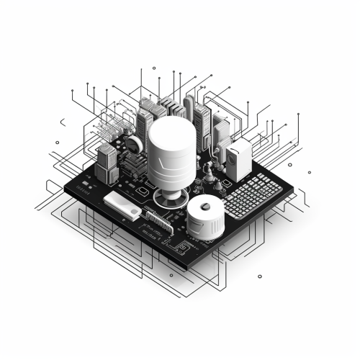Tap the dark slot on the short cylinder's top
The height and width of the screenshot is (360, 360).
[207, 207]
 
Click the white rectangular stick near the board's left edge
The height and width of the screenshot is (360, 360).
[122, 204]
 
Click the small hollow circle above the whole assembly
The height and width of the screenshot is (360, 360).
[154, 69]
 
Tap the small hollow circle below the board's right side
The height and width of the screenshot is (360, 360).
[259, 275]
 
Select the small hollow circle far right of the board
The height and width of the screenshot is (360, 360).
[309, 172]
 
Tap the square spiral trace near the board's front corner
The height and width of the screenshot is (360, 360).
[181, 248]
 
